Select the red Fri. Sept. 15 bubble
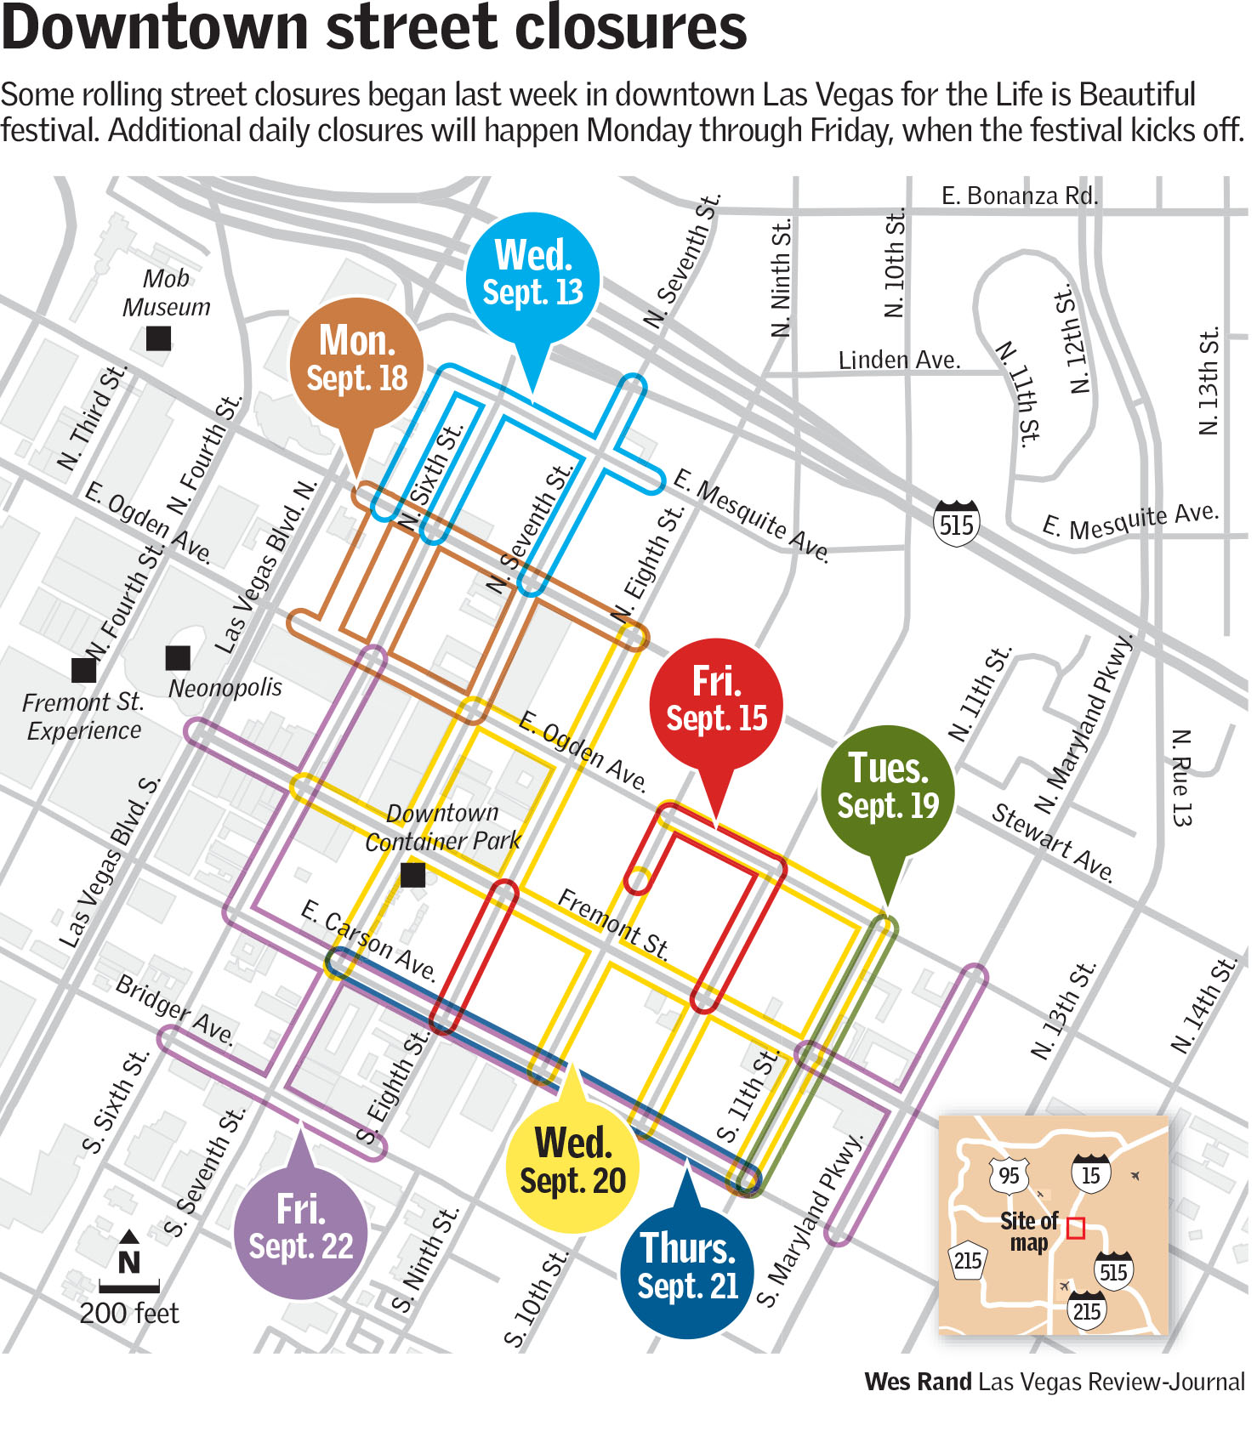pos(716,702)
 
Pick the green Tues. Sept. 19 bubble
pos(887,789)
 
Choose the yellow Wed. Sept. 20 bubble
pos(572,1165)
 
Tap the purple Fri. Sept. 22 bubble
pos(300,1230)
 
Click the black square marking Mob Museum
pos(158,338)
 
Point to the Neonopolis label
pos(225,687)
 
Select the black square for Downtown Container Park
pos(412,874)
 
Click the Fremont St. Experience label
pos(83,716)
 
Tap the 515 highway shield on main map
pos(956,524)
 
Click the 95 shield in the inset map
pos(1009,1176)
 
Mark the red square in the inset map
pos(1076,1228)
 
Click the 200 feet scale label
pos(129,1314)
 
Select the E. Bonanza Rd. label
pos(1019,196)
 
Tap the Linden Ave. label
pos(899,361)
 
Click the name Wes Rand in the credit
pos(918,1382)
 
